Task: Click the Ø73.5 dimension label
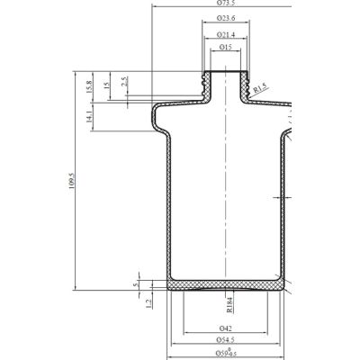point(225,4)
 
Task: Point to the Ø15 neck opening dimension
point(225,46)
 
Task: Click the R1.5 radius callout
point(261,89)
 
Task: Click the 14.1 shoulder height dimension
point(89,117)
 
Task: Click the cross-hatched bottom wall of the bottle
point(225,283)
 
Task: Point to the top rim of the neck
point(225,72)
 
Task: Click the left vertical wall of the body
point(167,207)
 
